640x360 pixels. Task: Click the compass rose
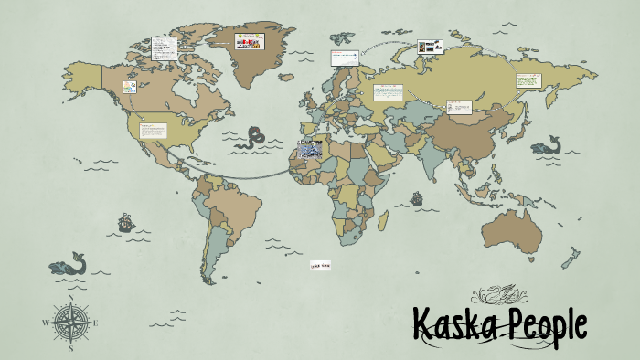point(70,322)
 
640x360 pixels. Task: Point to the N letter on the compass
point(70,300)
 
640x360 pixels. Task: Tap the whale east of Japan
point(546,145)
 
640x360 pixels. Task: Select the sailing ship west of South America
point(125,222)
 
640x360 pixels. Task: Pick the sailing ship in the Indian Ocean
point(418,197)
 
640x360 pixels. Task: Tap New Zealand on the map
point(571,257)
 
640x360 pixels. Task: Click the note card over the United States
point(152,130)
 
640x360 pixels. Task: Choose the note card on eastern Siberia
point(528,80)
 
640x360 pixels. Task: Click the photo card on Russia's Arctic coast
point(431,46)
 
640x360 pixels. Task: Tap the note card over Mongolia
point(459,107)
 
